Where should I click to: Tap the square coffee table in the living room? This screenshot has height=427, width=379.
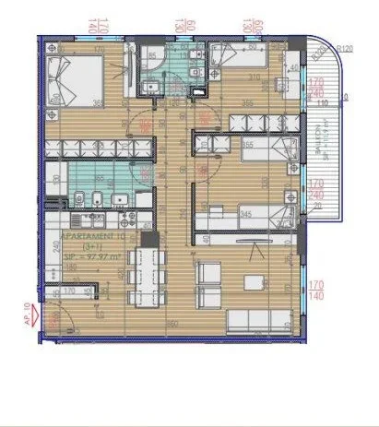tap(250, 282)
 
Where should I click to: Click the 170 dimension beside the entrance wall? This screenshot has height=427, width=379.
tap(59, 291)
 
